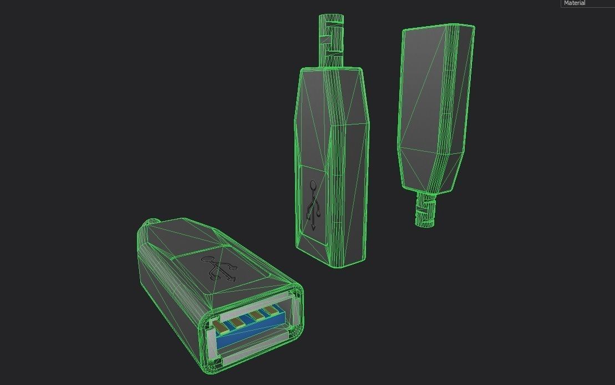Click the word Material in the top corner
click(575, 3)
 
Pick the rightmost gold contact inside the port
click(270, 310)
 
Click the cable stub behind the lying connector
click(151, 223)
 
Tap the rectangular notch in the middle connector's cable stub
click(327, 41)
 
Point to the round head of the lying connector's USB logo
click(207, 259)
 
